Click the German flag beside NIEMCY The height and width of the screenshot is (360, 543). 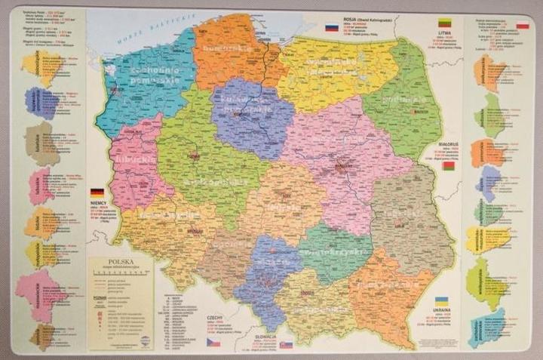[x=97, y=192]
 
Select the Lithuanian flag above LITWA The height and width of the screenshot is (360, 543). [x=445, y=23]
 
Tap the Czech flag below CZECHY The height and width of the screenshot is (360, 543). [x=214, y=342]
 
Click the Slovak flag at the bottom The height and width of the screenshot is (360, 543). [x=286, y=344]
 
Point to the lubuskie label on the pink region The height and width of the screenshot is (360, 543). [x=137, y=161]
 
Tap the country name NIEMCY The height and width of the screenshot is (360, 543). [x=99, y=202]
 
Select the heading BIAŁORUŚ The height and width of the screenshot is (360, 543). [x=449, y=142]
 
